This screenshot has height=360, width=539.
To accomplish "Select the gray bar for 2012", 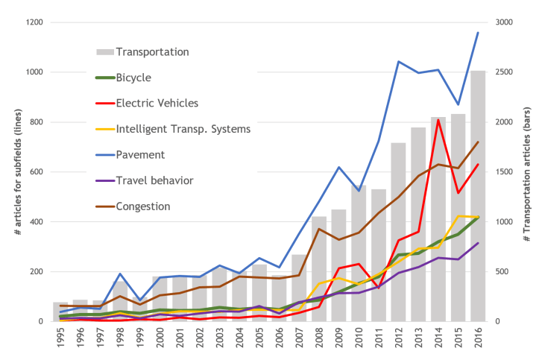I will point(400,232).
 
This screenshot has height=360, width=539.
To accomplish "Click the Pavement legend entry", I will point(139,154).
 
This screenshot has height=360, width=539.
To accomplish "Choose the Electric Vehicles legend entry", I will point(157,103).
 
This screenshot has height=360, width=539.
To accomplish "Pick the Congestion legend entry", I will point(144,206).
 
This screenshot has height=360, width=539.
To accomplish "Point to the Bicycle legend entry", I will point(134,78).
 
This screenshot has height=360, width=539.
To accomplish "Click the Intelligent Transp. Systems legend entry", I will point(183,128).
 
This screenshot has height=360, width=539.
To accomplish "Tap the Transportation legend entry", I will point(152,51).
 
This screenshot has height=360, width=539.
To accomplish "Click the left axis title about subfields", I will point(15,171).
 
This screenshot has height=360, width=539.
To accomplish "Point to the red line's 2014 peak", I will point(439,119).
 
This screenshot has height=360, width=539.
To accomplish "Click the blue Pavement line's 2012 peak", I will point(400,61).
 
